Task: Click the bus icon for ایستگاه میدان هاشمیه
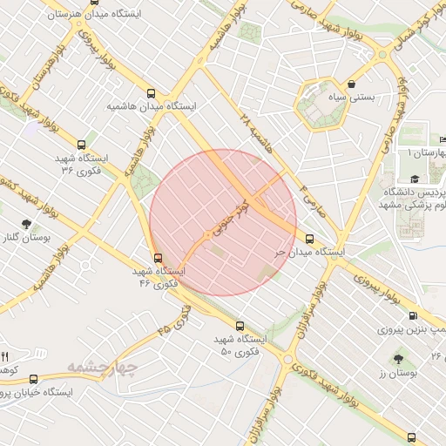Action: tap(152, 92)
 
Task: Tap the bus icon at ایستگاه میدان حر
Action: tap(309, 238)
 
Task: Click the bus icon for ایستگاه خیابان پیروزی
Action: tap(34, 379)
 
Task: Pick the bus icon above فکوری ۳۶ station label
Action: tap(81, 145)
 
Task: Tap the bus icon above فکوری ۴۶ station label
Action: tap(158, 258)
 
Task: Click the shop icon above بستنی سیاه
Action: tap(350, 84)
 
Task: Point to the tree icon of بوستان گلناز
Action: tap(25, 224)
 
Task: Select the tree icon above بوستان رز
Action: tap(399, 358)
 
